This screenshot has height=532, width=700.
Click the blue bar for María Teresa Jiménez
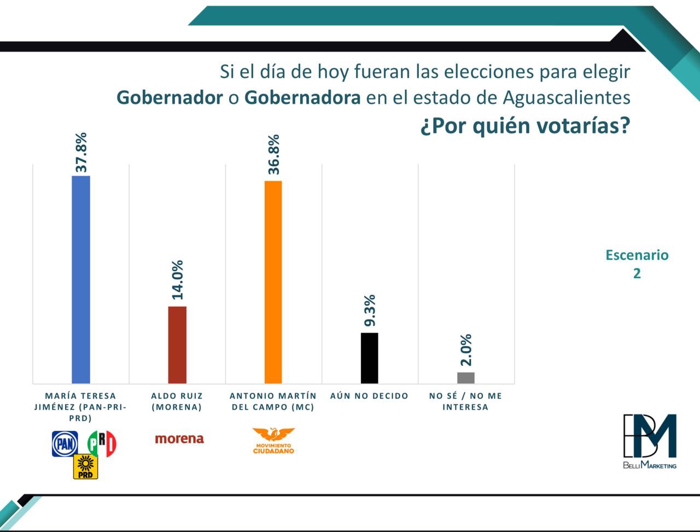[81, 279]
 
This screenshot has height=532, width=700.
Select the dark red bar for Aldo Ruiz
[177, 344]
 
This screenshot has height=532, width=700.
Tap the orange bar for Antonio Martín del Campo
[273, 282]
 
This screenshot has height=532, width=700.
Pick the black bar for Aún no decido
[369, 358]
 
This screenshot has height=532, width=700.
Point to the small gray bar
[465, 377]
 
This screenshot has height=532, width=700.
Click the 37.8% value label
[81, 153]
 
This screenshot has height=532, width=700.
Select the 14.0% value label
[177, 280]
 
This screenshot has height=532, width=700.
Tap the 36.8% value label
[273, 154]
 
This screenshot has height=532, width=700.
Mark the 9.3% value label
[370, 311]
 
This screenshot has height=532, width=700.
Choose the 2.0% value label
[466, 350]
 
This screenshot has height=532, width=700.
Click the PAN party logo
[65, 443]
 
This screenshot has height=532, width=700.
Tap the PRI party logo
[102, 443]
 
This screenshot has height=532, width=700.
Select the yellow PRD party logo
[85, 466]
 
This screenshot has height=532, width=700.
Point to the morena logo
[179, 439]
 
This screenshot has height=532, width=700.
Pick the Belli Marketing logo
[650, 441]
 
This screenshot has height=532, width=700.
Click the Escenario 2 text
[637, 264]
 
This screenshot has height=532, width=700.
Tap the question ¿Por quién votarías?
[525, 126]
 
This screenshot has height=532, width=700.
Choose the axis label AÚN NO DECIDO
[369, 396]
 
